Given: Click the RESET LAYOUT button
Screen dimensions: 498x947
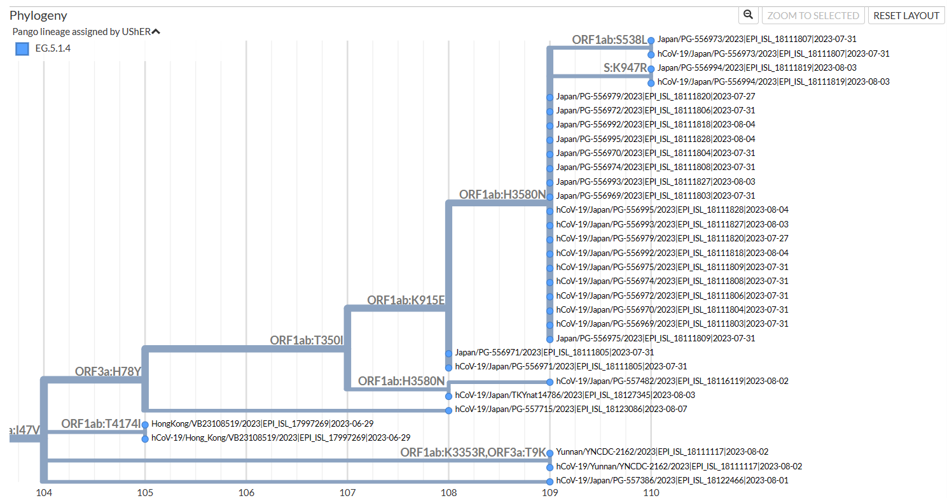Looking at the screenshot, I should pyautogui.click(x=906, y=15).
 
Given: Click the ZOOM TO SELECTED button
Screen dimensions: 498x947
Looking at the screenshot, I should pyautogui.click(x=813, y=15).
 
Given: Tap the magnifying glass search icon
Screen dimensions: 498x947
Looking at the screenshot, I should pyautogui.click(x=749, y=15).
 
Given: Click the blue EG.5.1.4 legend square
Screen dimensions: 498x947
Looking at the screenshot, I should pyautogui.click(x=22, y=48).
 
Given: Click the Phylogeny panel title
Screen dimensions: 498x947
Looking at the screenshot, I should pyautogui.click(x=38, y=15).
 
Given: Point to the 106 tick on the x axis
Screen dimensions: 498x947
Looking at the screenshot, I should pyautogui.click(x=246, y=492).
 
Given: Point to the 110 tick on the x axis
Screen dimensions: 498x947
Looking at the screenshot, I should pyautogui.click(x=651, y=492).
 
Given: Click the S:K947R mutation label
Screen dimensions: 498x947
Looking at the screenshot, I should pyautogui.click(x=625, y=68).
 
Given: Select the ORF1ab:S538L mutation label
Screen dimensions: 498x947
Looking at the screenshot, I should pyautogui.click(x=609, y=39).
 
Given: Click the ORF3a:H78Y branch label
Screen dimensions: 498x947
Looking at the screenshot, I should pyautogui.click(x=108, y=371).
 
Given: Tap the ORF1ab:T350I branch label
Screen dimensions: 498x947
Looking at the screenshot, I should pyautogui.click(x=307, y=340).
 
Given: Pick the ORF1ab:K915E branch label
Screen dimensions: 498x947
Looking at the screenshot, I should pyautogui.click(x=405, y=300).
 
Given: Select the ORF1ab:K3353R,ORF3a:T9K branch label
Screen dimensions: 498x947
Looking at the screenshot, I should pyautogui.click(x=473, y=452).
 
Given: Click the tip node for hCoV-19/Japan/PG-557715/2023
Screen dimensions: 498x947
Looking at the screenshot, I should pyautogui.click(x=448, y=410).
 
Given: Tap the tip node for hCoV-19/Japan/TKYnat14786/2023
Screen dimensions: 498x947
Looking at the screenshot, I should pyautogui.click(x=448, y=395).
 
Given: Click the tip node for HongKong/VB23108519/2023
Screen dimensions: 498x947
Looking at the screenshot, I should pyautogui.click(x=145, y=424).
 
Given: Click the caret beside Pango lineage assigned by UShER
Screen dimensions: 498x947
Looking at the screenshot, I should pyautogui.click(x=156, y=31).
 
